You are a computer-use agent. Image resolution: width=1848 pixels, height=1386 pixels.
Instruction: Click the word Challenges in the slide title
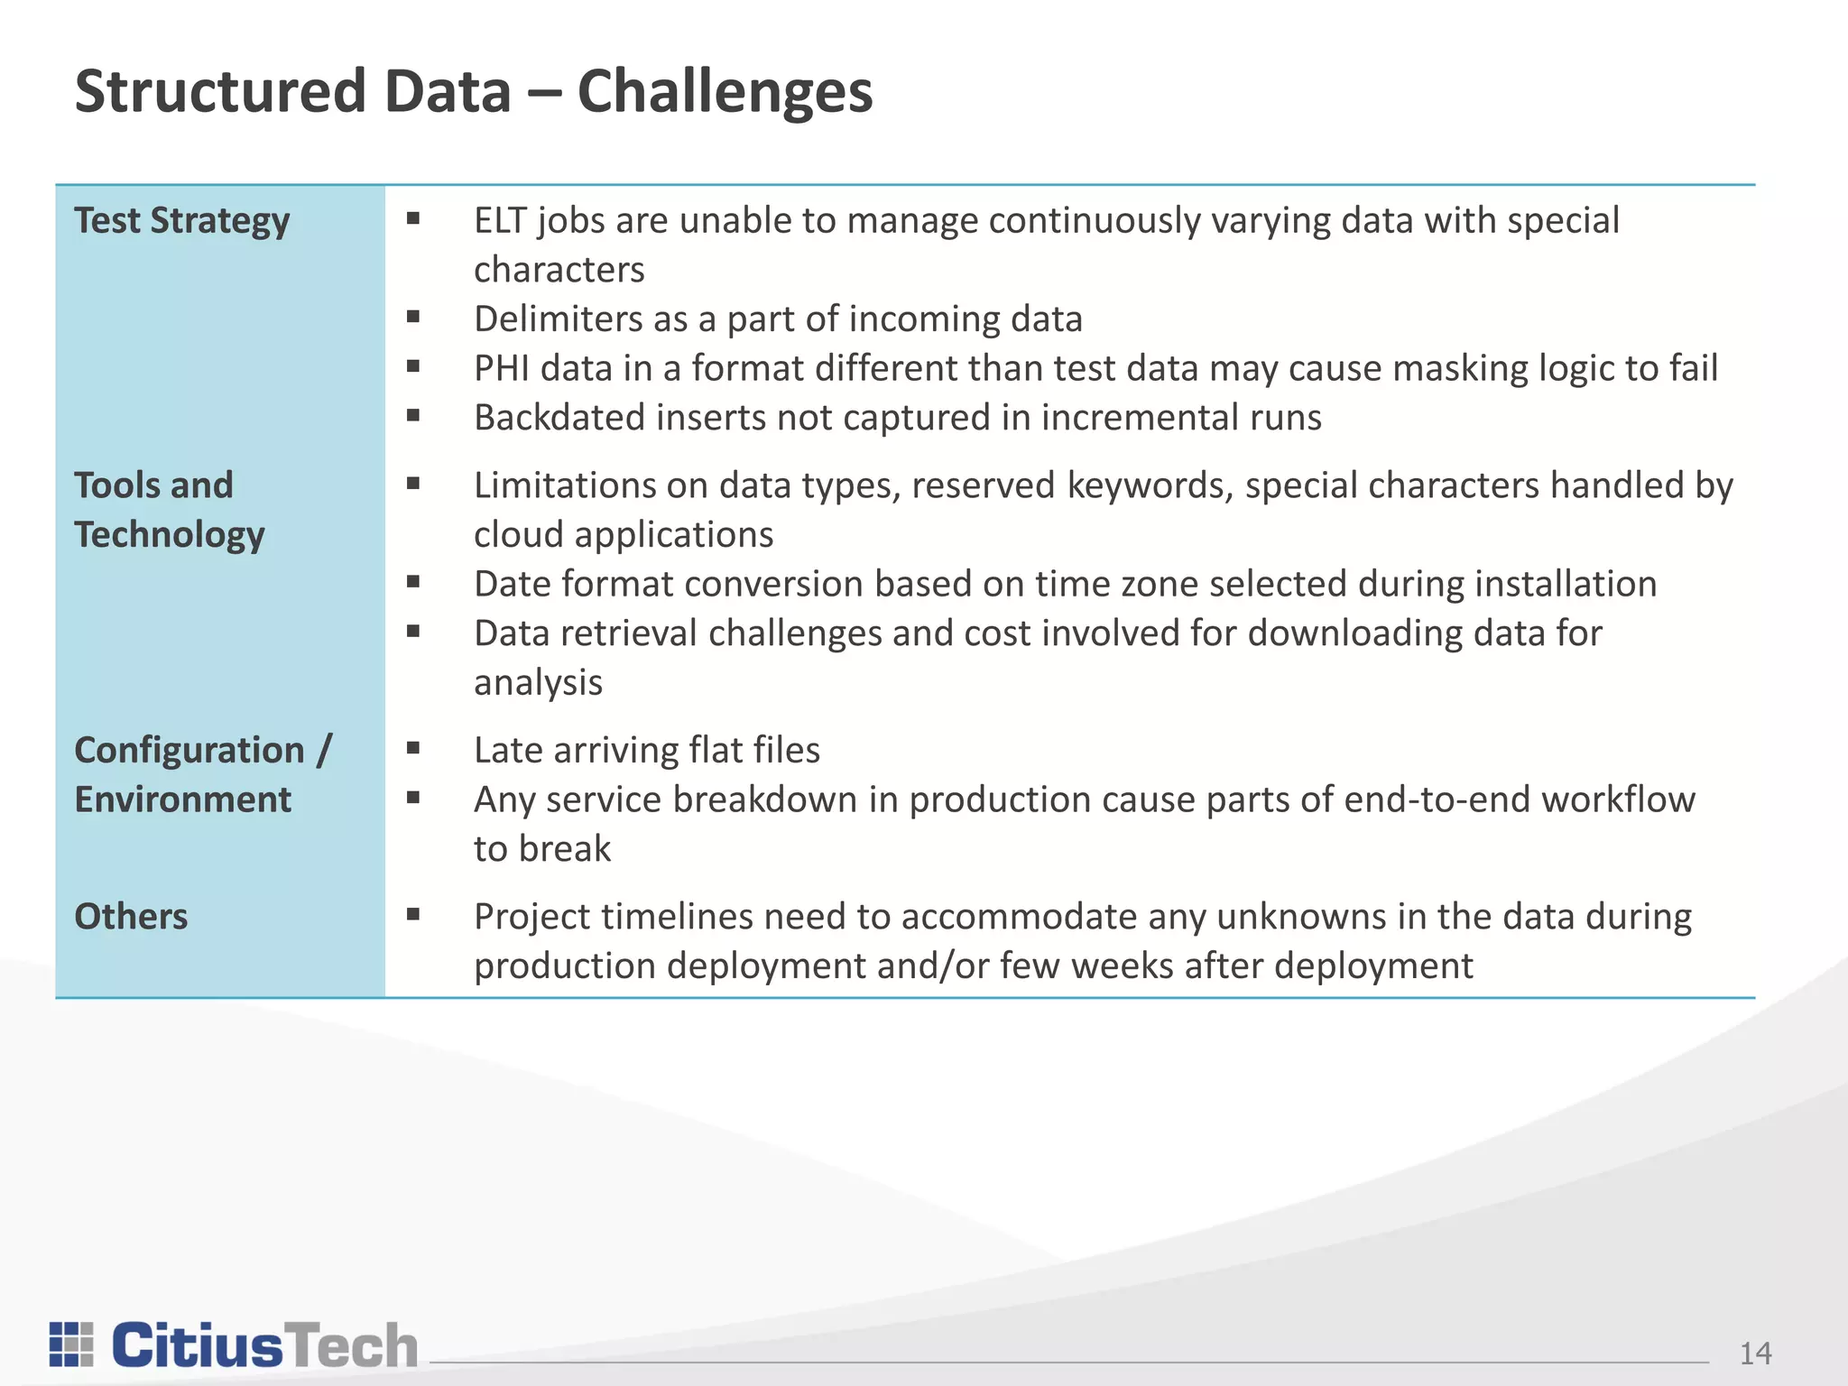[x=725, y=93]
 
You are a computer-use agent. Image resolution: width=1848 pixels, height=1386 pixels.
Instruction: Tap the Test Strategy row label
[x=181, y=221]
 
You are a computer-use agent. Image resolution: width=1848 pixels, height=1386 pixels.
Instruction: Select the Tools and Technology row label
[x=169, y=510]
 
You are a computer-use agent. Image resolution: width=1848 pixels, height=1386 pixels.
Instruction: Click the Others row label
[x=131, y=917]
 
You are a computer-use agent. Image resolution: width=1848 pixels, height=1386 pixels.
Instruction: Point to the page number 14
[x=1755, y=1354]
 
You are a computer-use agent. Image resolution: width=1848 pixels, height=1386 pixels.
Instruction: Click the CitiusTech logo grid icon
[x=71, y=1344]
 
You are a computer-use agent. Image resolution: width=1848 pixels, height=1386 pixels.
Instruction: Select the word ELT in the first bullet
[x=500, y=221]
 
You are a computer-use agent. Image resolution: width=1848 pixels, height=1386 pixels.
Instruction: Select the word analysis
[x=538, y=683]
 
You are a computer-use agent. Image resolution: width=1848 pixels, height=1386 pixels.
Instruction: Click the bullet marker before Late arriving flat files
[x=413, y=748]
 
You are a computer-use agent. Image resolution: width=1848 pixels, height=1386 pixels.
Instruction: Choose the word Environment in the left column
[x=182, y=800]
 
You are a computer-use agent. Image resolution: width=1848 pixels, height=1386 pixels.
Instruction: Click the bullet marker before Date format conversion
[x=413, y=582]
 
